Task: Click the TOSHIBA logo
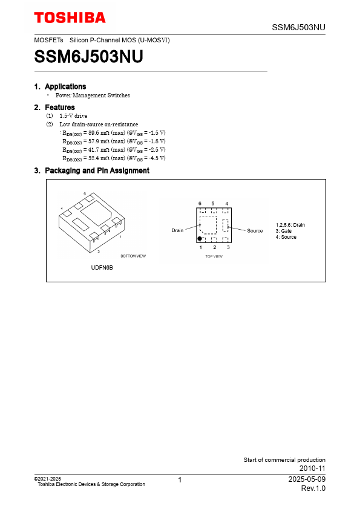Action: (70, 18)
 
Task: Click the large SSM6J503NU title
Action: (88, 56)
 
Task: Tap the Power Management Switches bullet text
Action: (93, 96)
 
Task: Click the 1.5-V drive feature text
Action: (73, 115)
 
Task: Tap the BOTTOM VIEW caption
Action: (133, 256)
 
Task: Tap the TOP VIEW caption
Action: (214, 256)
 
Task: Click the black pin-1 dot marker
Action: (200, 239)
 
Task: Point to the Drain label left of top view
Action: (177, 230)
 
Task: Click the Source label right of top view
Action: (255, 231)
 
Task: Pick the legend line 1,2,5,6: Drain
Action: (290, 225)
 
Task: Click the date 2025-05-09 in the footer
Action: (307, 479)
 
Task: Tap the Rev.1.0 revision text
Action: (313, 488)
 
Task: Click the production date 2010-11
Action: (312, 468)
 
